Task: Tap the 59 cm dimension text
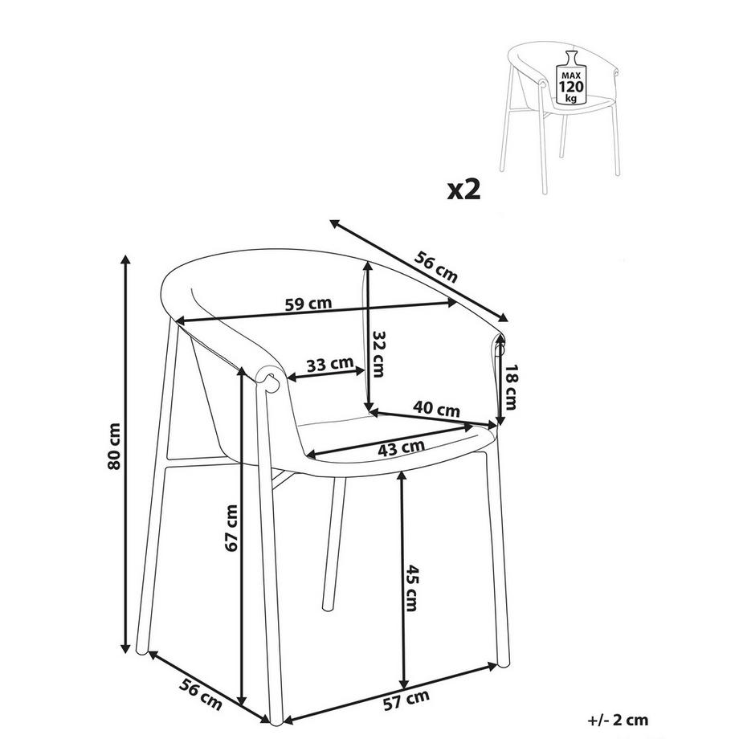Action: (308, 304)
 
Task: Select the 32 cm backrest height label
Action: (379, 354)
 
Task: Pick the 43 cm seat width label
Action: (402, 447)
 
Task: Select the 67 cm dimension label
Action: (231, 528)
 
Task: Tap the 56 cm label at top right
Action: (436, 267)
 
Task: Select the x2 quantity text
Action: (463, 190)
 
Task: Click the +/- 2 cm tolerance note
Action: (618, 721)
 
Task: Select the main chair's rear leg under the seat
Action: (329, 546)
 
